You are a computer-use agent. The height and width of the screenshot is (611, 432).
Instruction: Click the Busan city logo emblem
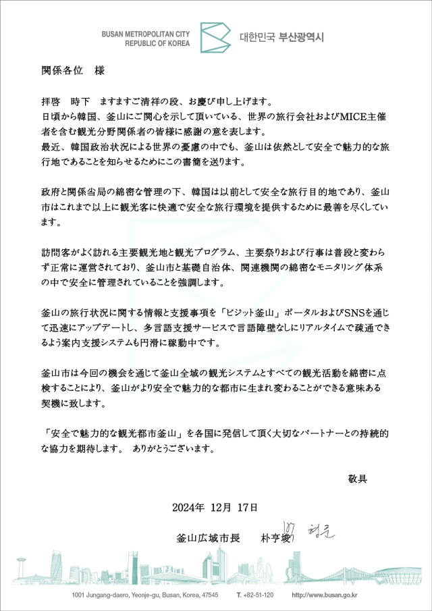pyautogui.click(x=214, y=37)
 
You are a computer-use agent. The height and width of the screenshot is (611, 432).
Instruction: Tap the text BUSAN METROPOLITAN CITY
pyautogui.click(x=146, y=32)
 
